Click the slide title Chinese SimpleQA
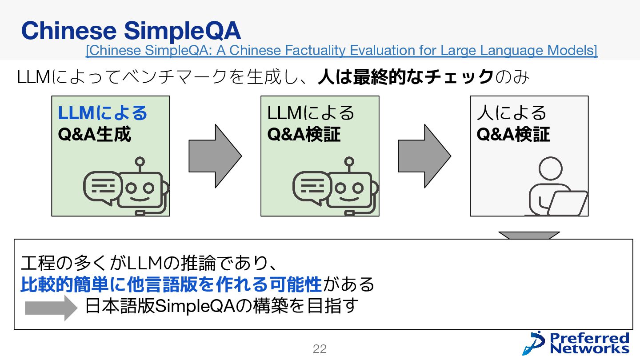pos(131,31)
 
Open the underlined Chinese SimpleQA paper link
pos(341,51)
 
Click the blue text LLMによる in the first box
pos(102,113)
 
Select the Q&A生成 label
pos(95,134)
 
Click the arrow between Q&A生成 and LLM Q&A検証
pos(215,156)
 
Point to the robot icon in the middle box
pos(351,187)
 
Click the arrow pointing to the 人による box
pos(424,156)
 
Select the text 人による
pos(512,113)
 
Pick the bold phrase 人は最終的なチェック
pos(405,77)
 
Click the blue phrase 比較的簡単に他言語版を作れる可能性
pos(171,284)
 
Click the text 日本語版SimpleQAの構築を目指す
pos(221,307)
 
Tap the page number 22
pos(320,349)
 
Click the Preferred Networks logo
pos(576,343)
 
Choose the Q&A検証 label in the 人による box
pos(513,134)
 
